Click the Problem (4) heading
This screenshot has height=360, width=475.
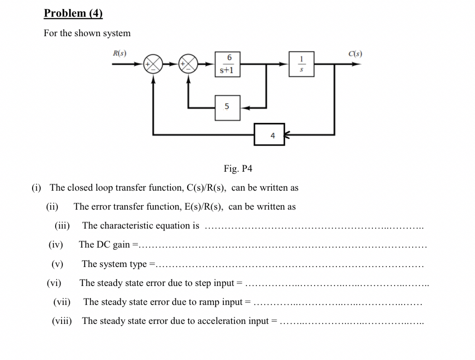click(73, 13)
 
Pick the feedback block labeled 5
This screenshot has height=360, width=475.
click(227, 107)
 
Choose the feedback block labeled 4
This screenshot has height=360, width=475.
click(269, 135)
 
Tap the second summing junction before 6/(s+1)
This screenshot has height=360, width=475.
click(189, 64)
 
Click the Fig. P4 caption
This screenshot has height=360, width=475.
click(238, 169)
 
